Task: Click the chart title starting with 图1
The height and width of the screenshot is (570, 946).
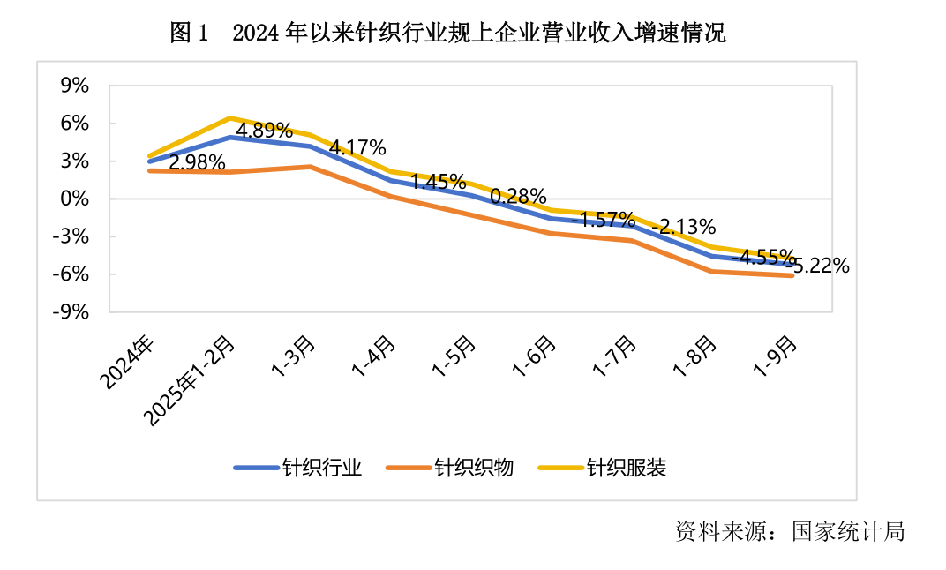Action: coord(447,34)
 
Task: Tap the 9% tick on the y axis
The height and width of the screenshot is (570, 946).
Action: coord(75,86)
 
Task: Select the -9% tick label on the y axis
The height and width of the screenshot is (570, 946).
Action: coord(71,311)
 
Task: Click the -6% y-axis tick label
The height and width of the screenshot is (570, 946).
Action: coord(71,274)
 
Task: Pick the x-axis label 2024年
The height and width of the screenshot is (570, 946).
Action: coord(127,362)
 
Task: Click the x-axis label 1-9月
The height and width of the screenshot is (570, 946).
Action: coord(779,358)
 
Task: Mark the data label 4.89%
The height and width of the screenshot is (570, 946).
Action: coord(263,130)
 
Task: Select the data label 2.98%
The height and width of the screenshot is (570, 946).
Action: coord(196,162)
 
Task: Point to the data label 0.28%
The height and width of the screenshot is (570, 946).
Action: coord(518,195)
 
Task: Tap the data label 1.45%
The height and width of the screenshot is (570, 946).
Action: coord(438,182)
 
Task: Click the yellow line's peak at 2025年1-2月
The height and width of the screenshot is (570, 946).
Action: coord(230,117)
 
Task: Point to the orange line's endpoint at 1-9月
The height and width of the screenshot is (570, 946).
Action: coord(792,276)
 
